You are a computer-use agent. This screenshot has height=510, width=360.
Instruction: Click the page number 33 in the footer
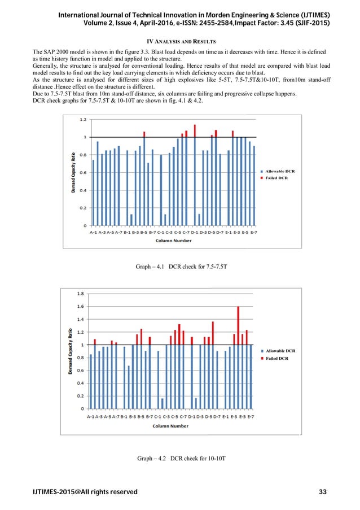[x=322, y=492]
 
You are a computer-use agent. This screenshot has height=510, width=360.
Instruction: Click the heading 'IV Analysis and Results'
[x=180, y=42]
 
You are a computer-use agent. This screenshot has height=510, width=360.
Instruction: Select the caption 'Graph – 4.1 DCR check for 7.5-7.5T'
[x=181, y=265]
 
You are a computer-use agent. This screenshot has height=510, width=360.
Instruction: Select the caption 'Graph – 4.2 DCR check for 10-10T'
[x=180, y=459]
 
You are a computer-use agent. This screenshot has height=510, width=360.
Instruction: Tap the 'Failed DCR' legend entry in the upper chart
[x=276, y=178]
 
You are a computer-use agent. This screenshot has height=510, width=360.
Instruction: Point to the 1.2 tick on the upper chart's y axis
[x=82, y=119]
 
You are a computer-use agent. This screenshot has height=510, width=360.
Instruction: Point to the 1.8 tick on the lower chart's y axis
[x=81, y=294]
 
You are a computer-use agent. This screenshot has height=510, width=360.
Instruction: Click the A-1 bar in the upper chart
[x=94, y=193]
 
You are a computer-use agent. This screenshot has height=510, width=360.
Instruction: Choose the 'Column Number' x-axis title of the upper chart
[x=173, y=241]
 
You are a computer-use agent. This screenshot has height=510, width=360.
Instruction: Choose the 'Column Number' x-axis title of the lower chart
[x=172, y=426]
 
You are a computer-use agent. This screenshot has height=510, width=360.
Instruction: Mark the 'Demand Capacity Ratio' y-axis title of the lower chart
[x=72, y=351]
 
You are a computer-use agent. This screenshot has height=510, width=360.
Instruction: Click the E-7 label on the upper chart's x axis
[x=253, y=232]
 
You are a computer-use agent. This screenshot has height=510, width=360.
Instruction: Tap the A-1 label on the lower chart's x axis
[x=90, y=417]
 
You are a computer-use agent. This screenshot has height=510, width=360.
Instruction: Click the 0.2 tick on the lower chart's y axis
[x=81, y=396]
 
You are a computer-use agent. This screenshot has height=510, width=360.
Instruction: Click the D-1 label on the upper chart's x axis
[x=195, y=232]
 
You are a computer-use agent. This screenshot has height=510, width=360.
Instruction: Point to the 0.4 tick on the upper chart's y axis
[x=82, y=190]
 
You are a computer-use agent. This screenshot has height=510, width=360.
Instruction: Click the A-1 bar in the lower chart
[x=91, y=381]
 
